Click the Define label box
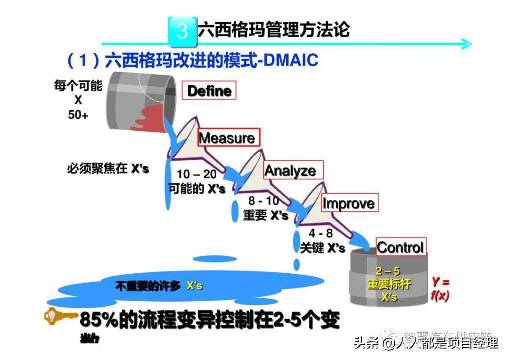[209, 90]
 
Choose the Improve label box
[349, 203]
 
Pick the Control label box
[401, 247]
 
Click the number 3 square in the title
[182, 31]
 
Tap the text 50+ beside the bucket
[78, 114]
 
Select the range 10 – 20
[197, 175]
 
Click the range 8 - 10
[264, 201]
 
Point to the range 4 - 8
[320, 233]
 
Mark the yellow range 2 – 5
[388, 271]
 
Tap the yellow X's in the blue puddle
[195, 286]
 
